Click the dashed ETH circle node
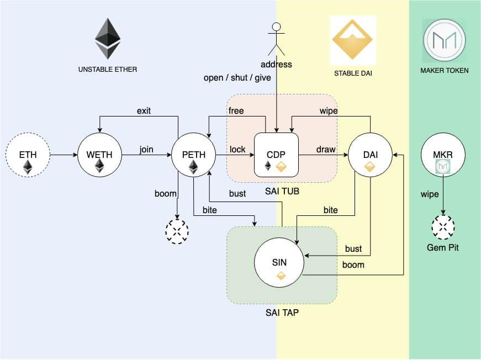click(28, 156)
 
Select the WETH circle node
click(99, 156)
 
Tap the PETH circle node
click(193, 156)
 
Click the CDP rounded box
click(276, 155)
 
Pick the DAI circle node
click(370, 156)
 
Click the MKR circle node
click(443, 156)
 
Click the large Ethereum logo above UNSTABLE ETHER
click(107, 39)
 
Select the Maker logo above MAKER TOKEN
click(444, 40)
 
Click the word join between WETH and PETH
click(146, 150)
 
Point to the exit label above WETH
click(144, 110)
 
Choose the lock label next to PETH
click(237, 150)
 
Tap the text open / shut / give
click(237, 77)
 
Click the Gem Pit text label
click(443, 247)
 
